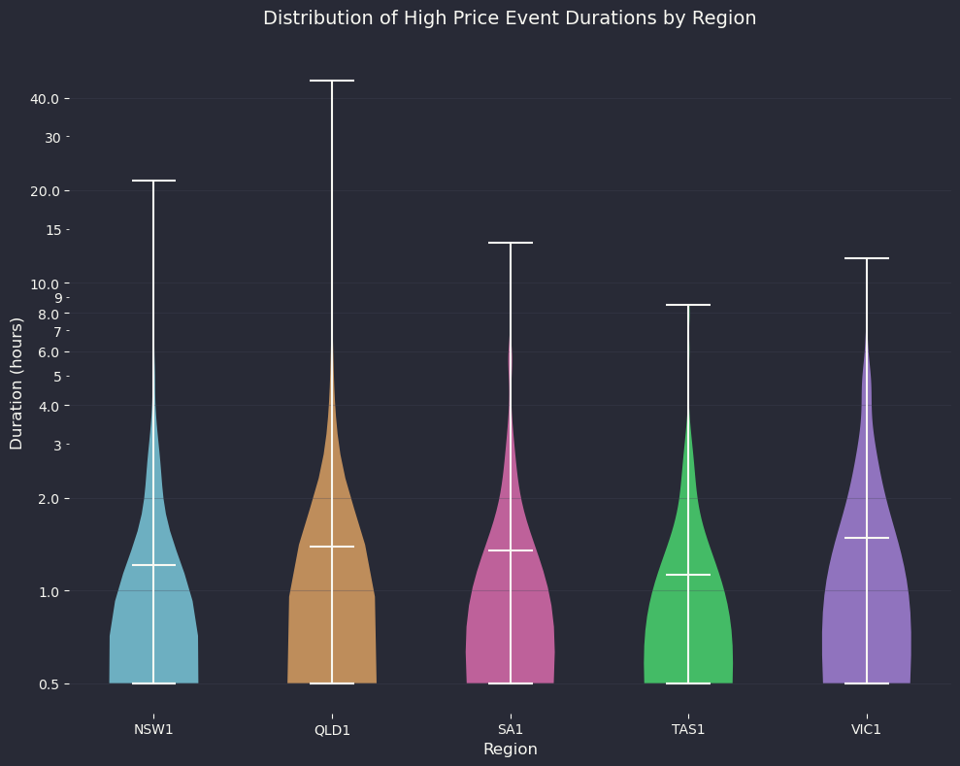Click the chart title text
pyautogui.click(x=510, y=18)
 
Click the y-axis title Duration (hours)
pyautogui.click(x=17, y=383)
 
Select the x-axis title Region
pyautogui.click(x=510, y=749)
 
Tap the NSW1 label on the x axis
pyautogui.click(x=153, y=729)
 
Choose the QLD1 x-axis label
pyautogui.click(x=332, y=730)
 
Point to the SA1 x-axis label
pyautogui.click(x=511, y=729)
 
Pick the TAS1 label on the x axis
pyautogui.click(x=688, y=729)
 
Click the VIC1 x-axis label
pyautogui.click(x=867, y=729)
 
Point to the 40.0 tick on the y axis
pyautogui.click(x=50, y=99)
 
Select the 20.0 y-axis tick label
pyautogui.click(x=50, y=191)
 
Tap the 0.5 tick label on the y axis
pyautogui.click(x=52, y=684)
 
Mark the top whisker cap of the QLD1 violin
pyautogui.click(x=332, y=81)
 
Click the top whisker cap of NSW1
pyautogui.click(x=153, y=181)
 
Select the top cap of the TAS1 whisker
pyautogui.click(x=688, y=305)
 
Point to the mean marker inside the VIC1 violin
pyautogui.click(x=867, y=538)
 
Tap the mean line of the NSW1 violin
pyautogui.click(x=153, y=565)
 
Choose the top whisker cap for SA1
pyautogui.click(x=511, y=243)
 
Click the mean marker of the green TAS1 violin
pyautogui.click(x=688, y=575)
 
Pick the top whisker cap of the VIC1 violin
pyautogui.click(x=867, y=258)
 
